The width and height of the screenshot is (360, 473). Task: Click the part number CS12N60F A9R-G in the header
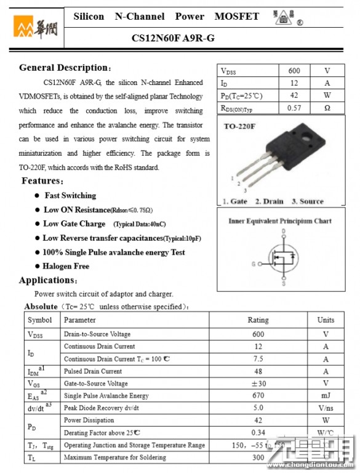[x=173, y=38]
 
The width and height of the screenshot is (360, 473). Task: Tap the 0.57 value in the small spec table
[x=294, y=108]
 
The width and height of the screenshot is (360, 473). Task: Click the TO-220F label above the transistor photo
[x=239, y=126]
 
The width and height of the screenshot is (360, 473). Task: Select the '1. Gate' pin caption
[x=234, y=201]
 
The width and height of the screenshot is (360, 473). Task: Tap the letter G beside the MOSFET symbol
[x=253, y=264]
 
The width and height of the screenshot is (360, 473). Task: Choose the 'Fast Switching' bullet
[x=70, y=196]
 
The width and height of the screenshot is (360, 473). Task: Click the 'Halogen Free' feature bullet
[x=66, y=266]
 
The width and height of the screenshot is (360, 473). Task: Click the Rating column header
[x=258, y=320]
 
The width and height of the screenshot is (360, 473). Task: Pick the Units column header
[x=326, y=320]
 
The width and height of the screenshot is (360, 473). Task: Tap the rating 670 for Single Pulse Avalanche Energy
[x=258, y=395]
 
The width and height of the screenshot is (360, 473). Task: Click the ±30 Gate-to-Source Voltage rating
[x=258, y=383]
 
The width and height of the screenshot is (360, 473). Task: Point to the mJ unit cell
[x=326, y=395]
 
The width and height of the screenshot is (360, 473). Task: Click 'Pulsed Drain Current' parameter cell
[x=93, y=371]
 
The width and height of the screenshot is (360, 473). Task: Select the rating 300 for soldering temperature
[x=258, y=458]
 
